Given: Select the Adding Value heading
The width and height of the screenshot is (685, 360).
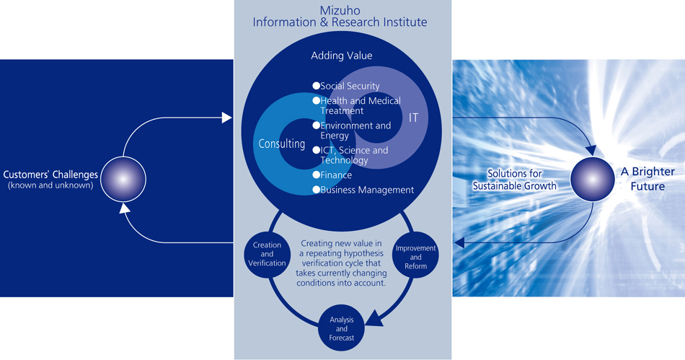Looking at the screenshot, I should point(342,56).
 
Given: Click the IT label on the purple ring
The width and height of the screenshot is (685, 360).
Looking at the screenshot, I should point(414,117).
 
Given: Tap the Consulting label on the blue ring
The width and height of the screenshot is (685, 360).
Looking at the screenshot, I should point(282,144).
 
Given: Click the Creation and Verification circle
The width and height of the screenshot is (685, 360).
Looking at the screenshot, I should point(268,254).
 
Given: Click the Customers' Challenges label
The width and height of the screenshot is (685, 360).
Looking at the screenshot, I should point(50,175).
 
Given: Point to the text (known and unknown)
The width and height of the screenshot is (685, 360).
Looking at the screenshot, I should point(50,185).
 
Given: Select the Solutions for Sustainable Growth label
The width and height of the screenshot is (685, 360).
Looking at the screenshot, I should point(515,180).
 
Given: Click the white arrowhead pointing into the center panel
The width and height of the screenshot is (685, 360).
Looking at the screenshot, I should point(227,117).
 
